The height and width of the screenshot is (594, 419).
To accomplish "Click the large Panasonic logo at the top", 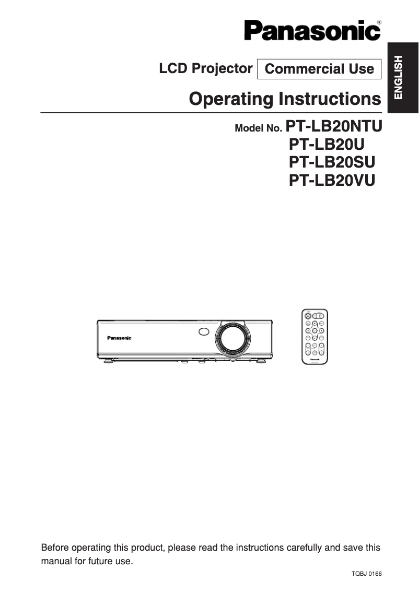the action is (312, 31).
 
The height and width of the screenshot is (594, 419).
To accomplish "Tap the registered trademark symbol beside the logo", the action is (378, 22).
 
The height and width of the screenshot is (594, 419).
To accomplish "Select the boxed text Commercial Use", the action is (319, 69).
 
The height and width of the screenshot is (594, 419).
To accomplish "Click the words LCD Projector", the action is (206, 68).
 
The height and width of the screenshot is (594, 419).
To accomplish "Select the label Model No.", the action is (259, 128).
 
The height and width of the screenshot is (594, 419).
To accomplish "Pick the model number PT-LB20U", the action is (327, 144).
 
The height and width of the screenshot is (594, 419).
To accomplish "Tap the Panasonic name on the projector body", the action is (119, 338).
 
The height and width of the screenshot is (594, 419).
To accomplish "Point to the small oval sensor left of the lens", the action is (204, 331).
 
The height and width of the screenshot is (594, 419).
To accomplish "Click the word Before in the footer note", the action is (55, 548).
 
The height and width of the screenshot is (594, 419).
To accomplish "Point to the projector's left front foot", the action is (109, 360).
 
